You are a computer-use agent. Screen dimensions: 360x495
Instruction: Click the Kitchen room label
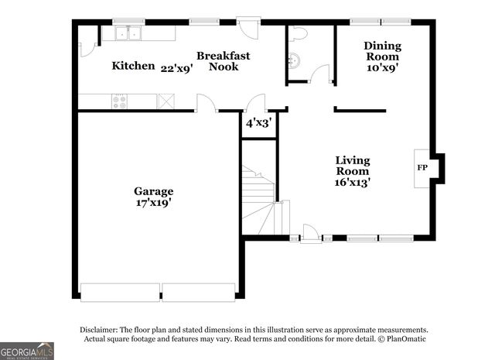click(x=133, y=66)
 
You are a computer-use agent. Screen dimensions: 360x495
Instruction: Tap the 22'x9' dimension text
click(x=176, y=68)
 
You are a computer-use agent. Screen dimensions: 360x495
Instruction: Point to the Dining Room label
click(x=382, y=51)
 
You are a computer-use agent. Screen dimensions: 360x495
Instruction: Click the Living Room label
click(x=352, y=171)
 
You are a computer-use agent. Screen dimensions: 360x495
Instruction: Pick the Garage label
click(x=153, y=191)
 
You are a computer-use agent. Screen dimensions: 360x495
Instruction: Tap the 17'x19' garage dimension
click(x=153, y=203)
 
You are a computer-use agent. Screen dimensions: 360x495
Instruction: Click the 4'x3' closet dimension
click(x=258, y=123)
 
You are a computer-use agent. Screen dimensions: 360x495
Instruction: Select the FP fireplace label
click(x=422, y=168)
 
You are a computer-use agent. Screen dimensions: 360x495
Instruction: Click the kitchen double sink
click(x=127, y=33)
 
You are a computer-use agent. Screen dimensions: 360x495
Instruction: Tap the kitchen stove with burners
click(x=120, y=101)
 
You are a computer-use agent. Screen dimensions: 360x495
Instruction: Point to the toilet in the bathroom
click(x=298, y=34)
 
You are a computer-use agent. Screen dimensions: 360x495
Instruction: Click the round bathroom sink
click(x=294, y=63)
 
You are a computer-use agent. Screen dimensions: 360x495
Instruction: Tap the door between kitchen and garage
click(x=205, y=105)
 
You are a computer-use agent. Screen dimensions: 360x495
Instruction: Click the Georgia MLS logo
click(x=27, y=351)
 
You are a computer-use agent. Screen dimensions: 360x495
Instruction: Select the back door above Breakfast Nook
click(x=248, y=28)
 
